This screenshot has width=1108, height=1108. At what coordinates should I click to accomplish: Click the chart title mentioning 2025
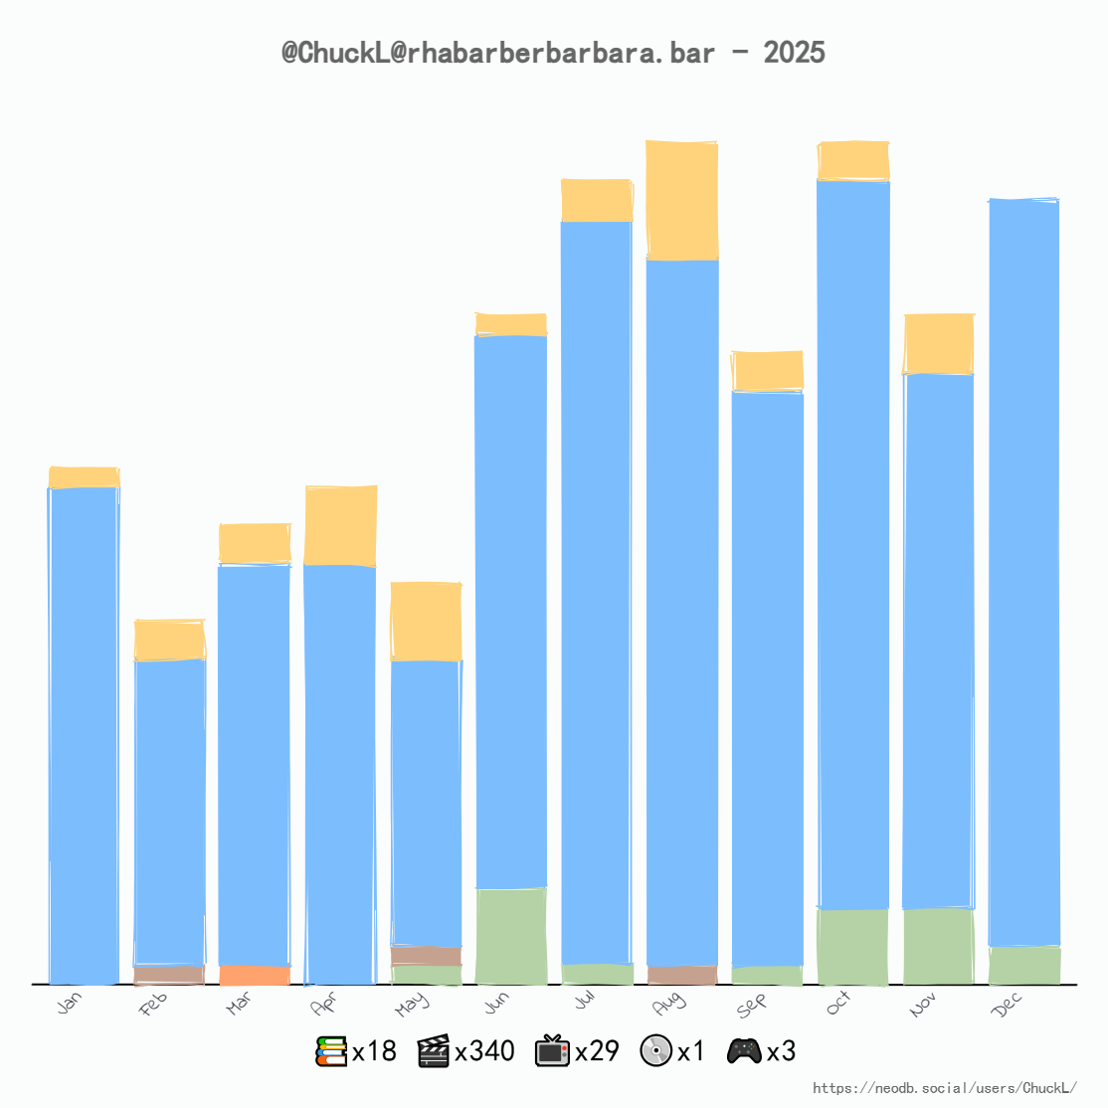pos(553,53)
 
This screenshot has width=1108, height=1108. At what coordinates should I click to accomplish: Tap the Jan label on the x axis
pos(70,1004)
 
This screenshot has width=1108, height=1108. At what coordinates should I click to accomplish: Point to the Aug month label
pos(668,1005)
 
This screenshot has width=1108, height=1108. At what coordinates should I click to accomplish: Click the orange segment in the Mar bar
pos(255,975)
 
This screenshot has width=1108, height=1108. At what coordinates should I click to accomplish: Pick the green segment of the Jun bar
pos(511,935)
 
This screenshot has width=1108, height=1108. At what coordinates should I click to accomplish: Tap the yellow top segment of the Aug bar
pos(681,200)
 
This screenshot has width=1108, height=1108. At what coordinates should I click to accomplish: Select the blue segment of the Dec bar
pos(1023,572)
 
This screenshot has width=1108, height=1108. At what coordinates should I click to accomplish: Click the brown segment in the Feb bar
pos(169,974)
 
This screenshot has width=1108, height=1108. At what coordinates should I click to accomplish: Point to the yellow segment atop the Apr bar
pos(340,525)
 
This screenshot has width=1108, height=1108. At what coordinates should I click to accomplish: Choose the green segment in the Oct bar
pos(852,946)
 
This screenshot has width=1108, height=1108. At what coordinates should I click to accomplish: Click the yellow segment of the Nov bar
pos(938,343)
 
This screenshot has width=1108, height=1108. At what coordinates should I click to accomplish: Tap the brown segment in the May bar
pos(426,955)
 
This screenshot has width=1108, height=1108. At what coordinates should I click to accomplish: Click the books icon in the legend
pos(331,1051)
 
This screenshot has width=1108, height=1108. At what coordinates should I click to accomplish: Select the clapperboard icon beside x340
pos(434,1051)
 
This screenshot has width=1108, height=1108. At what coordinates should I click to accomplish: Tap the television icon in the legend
pos(552,1051)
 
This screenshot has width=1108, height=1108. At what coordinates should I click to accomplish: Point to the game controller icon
pos(744,1051)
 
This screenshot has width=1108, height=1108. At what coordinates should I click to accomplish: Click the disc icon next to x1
pos(656,1051)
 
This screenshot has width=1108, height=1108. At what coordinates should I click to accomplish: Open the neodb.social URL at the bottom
pos(944,1088)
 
